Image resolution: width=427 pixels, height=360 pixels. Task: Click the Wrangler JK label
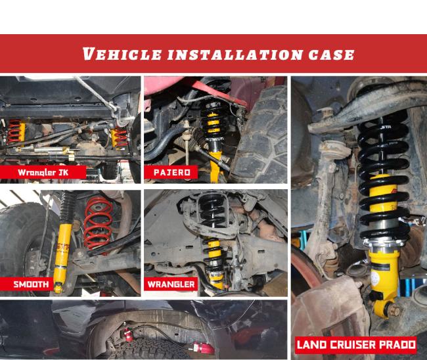(x=43, y=173)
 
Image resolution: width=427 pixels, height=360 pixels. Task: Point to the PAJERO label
(x=173, y=173)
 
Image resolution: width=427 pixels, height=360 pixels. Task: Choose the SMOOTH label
(x=32, y=284)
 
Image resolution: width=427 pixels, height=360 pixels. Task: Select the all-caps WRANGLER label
(x=172, y=284)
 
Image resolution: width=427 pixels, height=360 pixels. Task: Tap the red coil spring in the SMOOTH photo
(x=99, y=223)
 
